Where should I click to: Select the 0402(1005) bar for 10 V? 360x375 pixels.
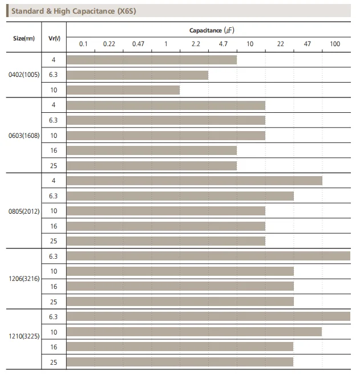(x=123, y=90)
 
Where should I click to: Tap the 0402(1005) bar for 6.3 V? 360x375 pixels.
(x=137, y=75)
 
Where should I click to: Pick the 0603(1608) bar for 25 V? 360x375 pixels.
(x=152, y=166)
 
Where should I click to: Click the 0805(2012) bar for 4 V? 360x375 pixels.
(x=195, y=181)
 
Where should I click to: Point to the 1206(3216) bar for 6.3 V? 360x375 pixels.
(x=208, y=256)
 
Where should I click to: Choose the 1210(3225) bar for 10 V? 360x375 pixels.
(x=195, y=332)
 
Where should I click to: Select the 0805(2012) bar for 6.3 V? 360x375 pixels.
(x=180, y=196)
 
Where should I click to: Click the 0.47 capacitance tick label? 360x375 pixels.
(x=137, y=44)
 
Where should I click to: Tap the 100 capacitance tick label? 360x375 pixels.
(x=335, y=44)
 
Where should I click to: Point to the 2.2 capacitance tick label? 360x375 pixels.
(x=195, y=44)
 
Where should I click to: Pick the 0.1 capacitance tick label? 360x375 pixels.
(x=83, y=44)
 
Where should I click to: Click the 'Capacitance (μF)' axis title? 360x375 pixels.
(x=211, y=30)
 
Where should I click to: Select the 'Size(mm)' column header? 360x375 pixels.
(x=23, y=38)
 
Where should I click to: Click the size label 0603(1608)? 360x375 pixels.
(x=24, y=136)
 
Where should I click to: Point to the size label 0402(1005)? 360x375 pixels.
(x=24, y=75)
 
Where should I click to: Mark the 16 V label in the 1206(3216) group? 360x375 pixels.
(x=54, y=287)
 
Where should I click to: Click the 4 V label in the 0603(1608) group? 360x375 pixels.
(x=54, y=105)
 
